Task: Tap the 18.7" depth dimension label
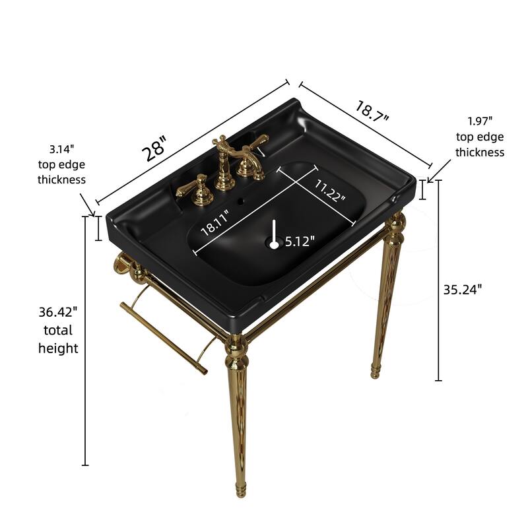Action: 373,110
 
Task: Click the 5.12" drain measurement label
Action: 300,242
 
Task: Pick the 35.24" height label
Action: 463,288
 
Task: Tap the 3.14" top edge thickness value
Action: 61,148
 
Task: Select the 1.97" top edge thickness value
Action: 480,121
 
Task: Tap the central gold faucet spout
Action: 224,158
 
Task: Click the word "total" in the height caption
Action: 58,329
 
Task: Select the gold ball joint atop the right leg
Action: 395,226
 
